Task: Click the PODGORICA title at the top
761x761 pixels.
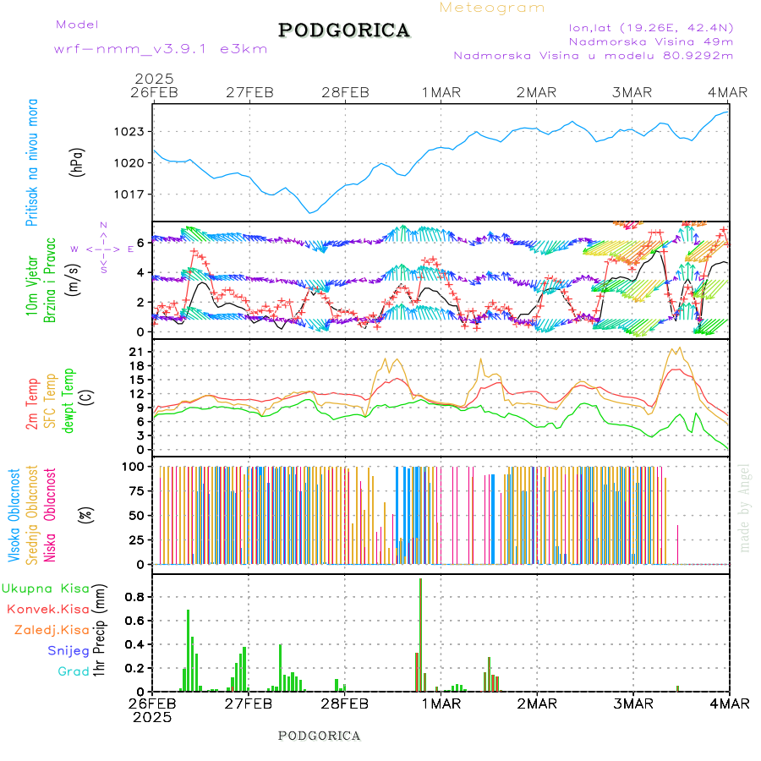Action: (x=344, y=30)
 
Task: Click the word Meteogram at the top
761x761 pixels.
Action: (x=492, y=8)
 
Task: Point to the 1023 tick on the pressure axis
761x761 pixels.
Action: (x=132, y=132)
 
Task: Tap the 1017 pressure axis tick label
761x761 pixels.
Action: (x=132, y=194)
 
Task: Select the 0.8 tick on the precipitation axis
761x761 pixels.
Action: (x=135, y=596)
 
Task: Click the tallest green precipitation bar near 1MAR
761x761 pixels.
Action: (x=420, y=634)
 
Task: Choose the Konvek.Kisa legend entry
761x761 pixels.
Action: (x=47, y=609)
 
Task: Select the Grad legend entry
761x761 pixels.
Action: (x=73, y=671)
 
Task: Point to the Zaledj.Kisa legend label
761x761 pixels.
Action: (x=52, y=630)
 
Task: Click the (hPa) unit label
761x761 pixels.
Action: (x=76, y=162)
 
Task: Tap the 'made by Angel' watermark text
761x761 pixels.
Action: (x=745, y=507)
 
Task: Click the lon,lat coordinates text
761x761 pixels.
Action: (x=650, y=27)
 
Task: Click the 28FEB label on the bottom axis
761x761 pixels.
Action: (x=345, y=704)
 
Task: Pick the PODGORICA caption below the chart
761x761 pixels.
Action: (x=320, y=736)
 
